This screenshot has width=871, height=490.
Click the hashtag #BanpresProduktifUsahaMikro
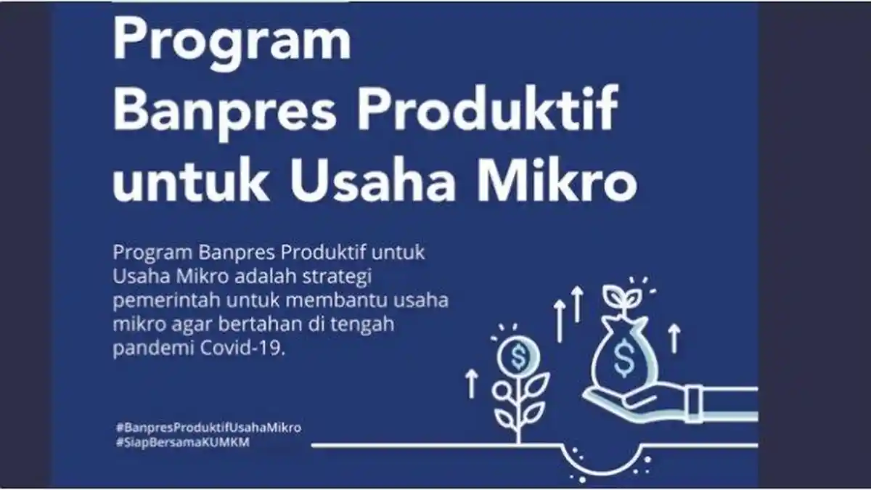tap(208, 428)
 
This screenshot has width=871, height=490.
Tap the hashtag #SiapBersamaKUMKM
tap(182, 443)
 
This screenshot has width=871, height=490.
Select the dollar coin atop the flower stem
tap(518, 356)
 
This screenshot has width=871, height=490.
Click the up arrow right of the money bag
tap(674, 338)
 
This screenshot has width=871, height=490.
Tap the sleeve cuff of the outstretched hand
tap(694, 401)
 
